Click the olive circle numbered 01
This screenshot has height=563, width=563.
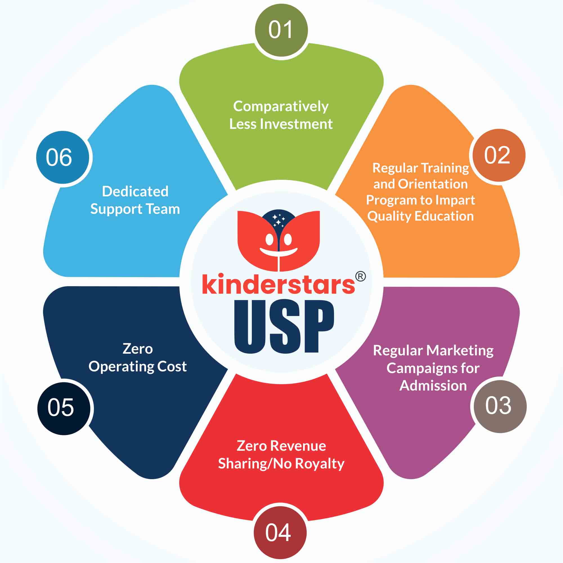click(281, 30)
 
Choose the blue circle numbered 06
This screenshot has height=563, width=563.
click(62, 157)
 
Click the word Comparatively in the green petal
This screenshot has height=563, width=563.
click(281, 106)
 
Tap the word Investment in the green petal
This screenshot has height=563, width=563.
click(296, 124)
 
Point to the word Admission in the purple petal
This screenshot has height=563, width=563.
click(433, 386)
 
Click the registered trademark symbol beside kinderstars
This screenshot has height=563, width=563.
click(360, 276)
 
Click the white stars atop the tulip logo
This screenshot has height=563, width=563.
click(279, 220)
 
